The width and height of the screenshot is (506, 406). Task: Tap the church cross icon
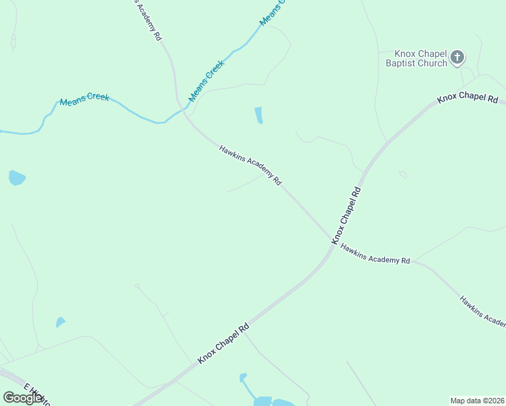point(457,58)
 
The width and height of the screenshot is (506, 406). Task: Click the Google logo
point(23,397)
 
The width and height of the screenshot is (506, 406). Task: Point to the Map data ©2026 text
point(476,401)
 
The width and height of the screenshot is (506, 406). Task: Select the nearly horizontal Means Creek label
point(84,99)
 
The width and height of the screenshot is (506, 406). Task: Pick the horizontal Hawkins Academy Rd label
point(375,254)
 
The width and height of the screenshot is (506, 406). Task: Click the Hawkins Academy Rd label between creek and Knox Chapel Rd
point(250,164)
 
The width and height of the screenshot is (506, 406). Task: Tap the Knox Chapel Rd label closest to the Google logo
point(223,344)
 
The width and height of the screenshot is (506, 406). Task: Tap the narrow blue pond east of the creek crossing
point(258,116)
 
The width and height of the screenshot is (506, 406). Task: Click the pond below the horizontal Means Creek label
point(17,178)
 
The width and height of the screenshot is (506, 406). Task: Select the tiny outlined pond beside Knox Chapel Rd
point(403,175)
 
